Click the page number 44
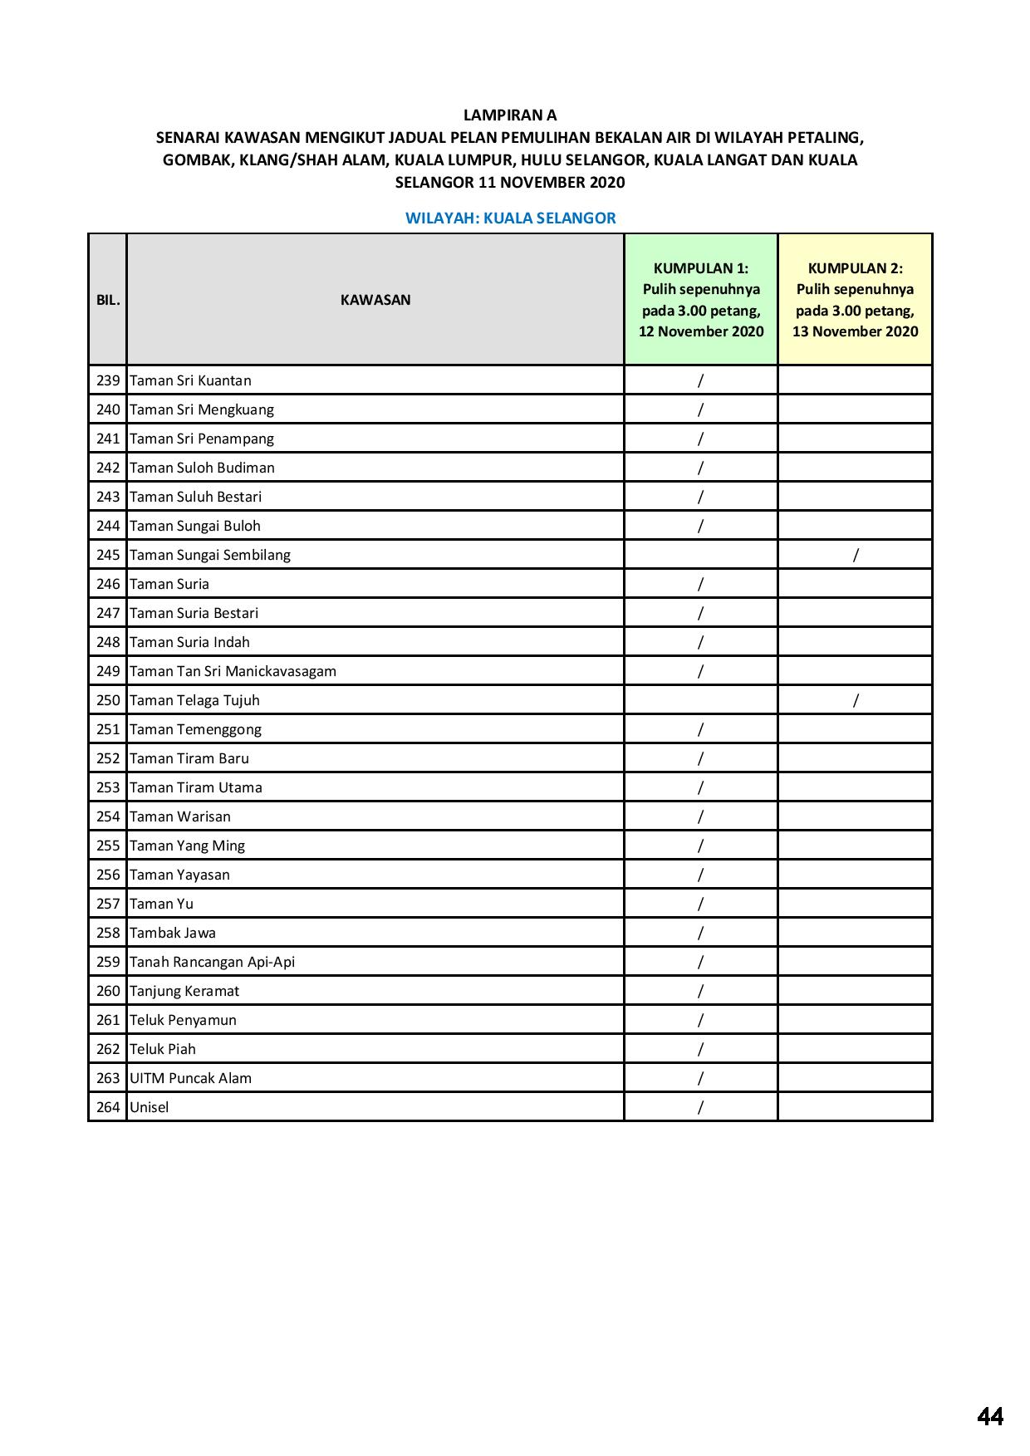tap(990, 1415)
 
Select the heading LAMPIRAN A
tap(510, 115)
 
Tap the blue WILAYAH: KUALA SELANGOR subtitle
tap(510, 218)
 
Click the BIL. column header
tap(108, 300)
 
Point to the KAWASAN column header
tap(375, 300)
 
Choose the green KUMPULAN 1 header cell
tap(701, 300)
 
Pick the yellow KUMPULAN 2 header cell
tap(855, 300)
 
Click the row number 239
tap(108, 380)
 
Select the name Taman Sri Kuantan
tap(190, 380)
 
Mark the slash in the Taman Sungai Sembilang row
tap(856, 555)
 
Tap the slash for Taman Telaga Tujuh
tap(856, 700)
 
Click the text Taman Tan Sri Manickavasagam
tap(233, 671)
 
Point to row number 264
tap(108, 1107)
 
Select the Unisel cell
tap(150, 1107)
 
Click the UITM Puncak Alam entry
tap(190, 1078)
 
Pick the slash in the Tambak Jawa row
tap(701, 933)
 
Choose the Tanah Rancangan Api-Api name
tap(212, 962)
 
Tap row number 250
tap(108, 700)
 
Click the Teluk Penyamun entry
tap(183, 1020)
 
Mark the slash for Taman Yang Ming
tap(701, 846)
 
